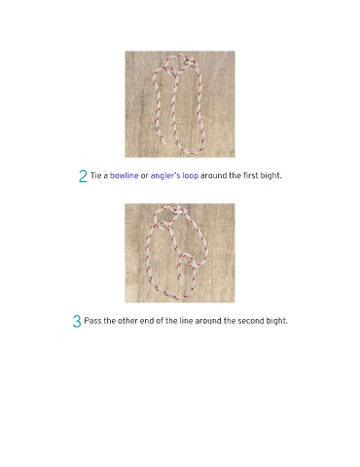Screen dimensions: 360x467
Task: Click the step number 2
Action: (x=83, y=176)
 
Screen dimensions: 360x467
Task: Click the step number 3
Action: (x=77, y=321)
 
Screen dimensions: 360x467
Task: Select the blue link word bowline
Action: (x=125, y=175)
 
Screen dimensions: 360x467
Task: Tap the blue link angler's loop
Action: (x=174, y=176)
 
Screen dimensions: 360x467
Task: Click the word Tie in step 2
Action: (x=96, y=175)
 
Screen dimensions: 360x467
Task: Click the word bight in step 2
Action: (x=271, y=176)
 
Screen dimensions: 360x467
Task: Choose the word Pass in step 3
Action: (x=92, y=321)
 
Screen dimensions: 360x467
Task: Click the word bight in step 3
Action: (x=277, y=322)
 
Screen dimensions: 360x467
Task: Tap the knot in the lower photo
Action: (x=181, y=212)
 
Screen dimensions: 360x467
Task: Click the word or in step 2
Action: (x=145, y=176)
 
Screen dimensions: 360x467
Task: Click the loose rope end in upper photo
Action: (x=163, y=141)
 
